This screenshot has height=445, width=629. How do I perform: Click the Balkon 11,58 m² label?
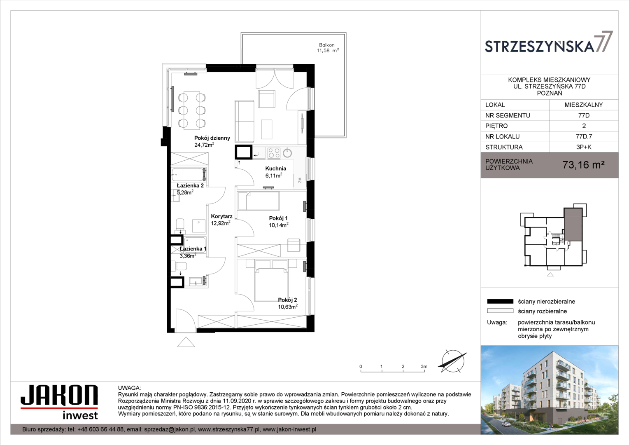click(x=328, y=48)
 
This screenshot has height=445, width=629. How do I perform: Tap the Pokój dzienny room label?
click(x=212, y=138)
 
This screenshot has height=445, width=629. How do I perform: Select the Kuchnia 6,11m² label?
click(x=275, y=172)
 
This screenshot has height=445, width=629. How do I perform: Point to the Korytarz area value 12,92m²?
click(x=221, y=223)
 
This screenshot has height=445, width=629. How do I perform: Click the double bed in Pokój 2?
click(x=271, y=284)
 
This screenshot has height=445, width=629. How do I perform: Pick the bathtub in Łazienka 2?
click(x=189, y=174)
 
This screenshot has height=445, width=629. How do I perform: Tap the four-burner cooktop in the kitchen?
click(x=274, y=153)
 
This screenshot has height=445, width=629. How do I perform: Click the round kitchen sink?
click(x=287, y=153)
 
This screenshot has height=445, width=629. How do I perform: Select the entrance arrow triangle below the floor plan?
click(x=186, y=342)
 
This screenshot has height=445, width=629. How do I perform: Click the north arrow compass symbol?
click(x=452, y=361)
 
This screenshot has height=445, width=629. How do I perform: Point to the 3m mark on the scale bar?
click(x=424, y=367)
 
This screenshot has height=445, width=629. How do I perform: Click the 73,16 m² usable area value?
click(x=583, y=165)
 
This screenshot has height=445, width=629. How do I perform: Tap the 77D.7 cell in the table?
click(x=584, y=136)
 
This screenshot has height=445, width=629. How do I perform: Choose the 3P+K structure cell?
click(x=584, y=147)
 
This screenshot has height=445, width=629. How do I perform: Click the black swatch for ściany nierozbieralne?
click(x=500, y=301)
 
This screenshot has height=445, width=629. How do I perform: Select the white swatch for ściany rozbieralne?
click(x=500, y=311)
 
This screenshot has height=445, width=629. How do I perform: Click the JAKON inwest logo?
click(x=59, y=402)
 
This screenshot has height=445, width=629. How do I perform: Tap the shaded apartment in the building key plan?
click(x=573, y=224)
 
